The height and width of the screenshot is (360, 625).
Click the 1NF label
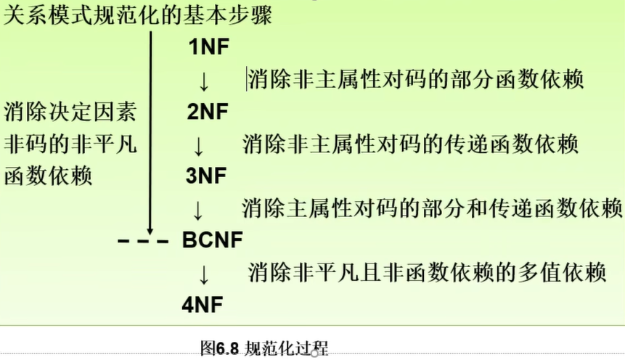209,46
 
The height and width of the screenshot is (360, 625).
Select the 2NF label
208,111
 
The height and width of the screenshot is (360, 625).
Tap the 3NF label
206,176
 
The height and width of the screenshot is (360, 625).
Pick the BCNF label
212,240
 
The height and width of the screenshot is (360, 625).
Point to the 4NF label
202,305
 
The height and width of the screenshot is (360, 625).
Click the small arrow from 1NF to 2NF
204,82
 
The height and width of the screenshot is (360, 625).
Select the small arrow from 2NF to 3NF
198,147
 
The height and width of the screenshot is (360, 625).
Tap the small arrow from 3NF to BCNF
197,211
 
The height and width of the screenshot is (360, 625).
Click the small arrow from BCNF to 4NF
204,275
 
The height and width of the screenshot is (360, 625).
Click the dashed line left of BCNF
143,241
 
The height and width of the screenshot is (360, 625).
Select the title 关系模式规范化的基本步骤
137,16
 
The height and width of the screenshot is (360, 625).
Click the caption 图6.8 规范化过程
264,348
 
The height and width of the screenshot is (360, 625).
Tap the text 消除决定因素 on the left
70,112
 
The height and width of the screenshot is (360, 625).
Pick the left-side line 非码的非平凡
70,144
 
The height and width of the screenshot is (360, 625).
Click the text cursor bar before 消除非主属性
247,79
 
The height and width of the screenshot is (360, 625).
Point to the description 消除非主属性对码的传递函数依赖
410,144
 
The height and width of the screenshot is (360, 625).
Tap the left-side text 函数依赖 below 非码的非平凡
48,176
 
